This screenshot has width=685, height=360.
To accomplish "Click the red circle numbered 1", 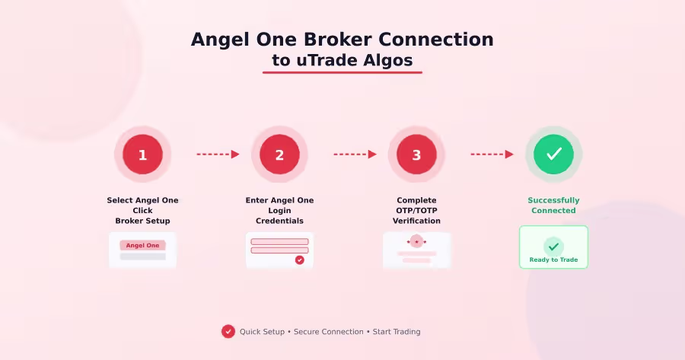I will [x=142, y=155].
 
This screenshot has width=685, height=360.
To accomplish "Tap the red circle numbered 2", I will [x=279, y=155].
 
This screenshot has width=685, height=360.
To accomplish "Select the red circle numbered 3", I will [x=416, y=155].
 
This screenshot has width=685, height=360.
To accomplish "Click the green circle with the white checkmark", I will [x=553, y=155].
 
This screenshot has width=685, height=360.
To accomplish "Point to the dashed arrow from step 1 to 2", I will [x=218, y=155].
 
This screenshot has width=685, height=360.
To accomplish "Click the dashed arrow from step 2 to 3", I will [x=355, y=155].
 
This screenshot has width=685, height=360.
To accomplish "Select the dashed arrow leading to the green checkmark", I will [x=492, y=155].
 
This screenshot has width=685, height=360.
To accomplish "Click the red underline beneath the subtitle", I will [x=342, y=73].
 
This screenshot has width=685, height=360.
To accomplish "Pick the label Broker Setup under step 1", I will [x=142, y=221].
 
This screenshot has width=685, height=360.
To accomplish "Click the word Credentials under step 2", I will [x=279, y=221].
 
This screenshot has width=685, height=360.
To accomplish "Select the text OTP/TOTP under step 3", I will [x=416, y=211].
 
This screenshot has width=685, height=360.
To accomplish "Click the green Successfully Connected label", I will [x=553, y=205].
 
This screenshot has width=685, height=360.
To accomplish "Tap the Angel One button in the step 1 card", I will [x=142, y=246].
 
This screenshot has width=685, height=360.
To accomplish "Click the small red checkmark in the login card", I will [x=299, y=260].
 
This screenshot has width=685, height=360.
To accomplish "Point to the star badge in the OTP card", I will [x=416, y=242].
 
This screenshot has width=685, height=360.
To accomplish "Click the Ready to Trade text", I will [x=553, y=260].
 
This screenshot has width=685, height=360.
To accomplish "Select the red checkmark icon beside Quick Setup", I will [x=228, y=331].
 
